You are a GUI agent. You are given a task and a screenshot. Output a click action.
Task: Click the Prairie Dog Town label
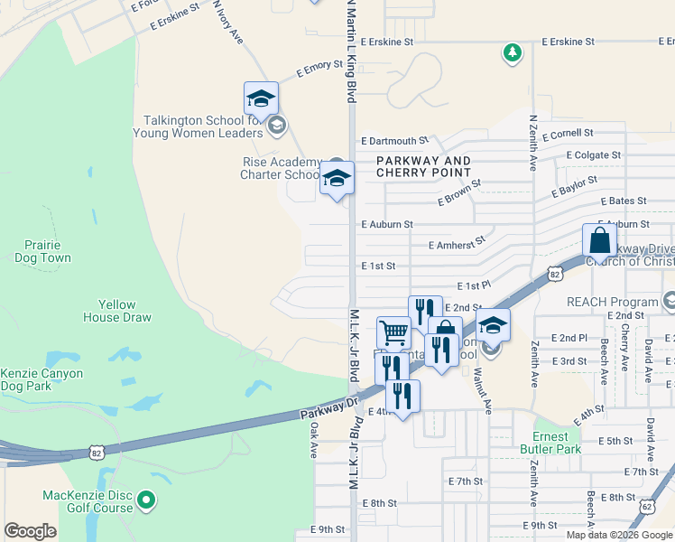pos(42,251)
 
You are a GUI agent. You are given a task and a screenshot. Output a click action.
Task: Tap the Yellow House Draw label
pos(118,311)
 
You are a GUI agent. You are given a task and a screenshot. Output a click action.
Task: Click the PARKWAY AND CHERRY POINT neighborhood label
pos(423,167)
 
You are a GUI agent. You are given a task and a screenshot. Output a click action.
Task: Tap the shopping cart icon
pos(393,332)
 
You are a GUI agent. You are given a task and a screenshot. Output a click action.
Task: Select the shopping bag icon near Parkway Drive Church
pos(599,241)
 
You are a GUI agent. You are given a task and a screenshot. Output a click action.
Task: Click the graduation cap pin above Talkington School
pos(261,98)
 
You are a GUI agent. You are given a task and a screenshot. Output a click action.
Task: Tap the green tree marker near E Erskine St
pos(513,52)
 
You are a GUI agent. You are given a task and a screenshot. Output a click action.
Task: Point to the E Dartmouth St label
pos(394,141)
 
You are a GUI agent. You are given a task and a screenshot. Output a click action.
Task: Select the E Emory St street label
pos(319,68)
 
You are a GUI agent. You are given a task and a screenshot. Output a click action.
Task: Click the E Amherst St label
pos(457,244)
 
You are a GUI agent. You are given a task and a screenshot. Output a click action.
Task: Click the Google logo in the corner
pos(30,531)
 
